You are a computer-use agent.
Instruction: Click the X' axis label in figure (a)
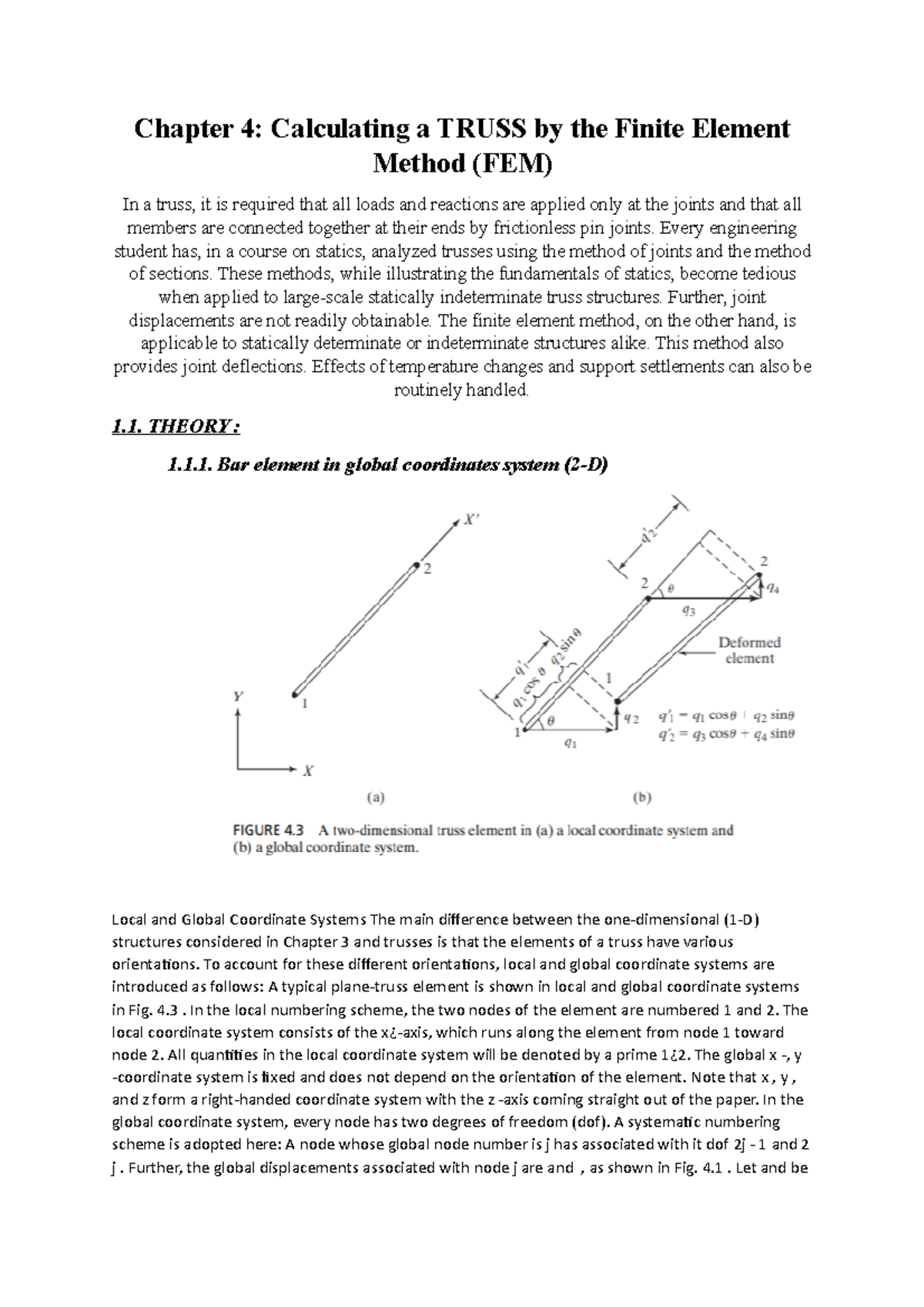click(470, 520)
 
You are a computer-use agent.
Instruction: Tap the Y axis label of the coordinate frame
click(239, 696)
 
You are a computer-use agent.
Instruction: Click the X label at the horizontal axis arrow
click(308, 770)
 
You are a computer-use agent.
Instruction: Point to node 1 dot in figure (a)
click(294, 695)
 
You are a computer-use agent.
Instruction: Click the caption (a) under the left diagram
click(375, 798)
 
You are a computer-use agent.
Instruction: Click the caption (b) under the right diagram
click(641, 798)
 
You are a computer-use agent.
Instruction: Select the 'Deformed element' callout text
click(748, 650)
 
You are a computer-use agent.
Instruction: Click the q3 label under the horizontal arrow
click(688, 611)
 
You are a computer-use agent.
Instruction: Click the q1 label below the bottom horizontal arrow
click(570, 743)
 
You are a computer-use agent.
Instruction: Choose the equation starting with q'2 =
click(726, 734)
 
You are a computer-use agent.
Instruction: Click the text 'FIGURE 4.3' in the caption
click(269, 831)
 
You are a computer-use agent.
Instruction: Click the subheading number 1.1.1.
click(189, 465)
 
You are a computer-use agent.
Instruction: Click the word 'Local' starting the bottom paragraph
click(129, 920)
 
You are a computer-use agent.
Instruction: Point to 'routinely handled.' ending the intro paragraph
click(462, 390)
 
